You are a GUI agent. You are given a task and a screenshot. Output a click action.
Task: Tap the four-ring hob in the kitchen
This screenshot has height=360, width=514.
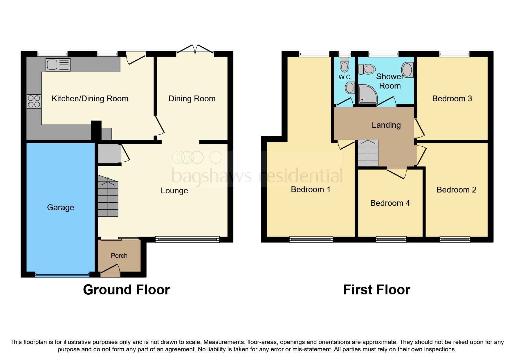click(34, 101)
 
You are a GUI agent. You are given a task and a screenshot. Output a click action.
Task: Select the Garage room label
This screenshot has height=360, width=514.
click(60, 207)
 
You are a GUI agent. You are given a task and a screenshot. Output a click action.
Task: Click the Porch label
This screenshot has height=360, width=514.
click(119, 255)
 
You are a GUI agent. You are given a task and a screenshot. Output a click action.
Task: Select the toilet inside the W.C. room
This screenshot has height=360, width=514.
click(345, 64)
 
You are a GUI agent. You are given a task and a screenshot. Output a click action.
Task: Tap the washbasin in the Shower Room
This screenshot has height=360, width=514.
click(407, 70)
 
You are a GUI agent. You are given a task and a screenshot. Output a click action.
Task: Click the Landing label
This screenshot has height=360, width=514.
click(386, 125)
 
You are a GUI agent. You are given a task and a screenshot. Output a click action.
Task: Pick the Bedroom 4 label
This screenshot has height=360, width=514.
click(390, 203)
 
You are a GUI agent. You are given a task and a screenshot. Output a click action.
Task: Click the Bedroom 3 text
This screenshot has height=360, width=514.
click(452, 99)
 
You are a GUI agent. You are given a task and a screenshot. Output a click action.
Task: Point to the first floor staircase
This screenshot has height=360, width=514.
click(368, 153)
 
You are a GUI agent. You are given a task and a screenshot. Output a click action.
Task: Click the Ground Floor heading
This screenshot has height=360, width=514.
click(126, 290)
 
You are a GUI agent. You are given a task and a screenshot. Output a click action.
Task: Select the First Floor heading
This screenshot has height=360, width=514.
click(376, 290)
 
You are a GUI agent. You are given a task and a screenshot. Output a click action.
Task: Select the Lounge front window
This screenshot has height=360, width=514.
click(187, 240)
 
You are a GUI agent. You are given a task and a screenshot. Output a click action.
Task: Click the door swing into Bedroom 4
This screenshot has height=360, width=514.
click(397, 173)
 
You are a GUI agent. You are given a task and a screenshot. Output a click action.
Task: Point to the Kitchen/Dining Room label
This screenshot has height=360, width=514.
click(90, 99)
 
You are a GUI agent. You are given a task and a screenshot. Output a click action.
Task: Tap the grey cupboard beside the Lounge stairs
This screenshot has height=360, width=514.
click(109, 154)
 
